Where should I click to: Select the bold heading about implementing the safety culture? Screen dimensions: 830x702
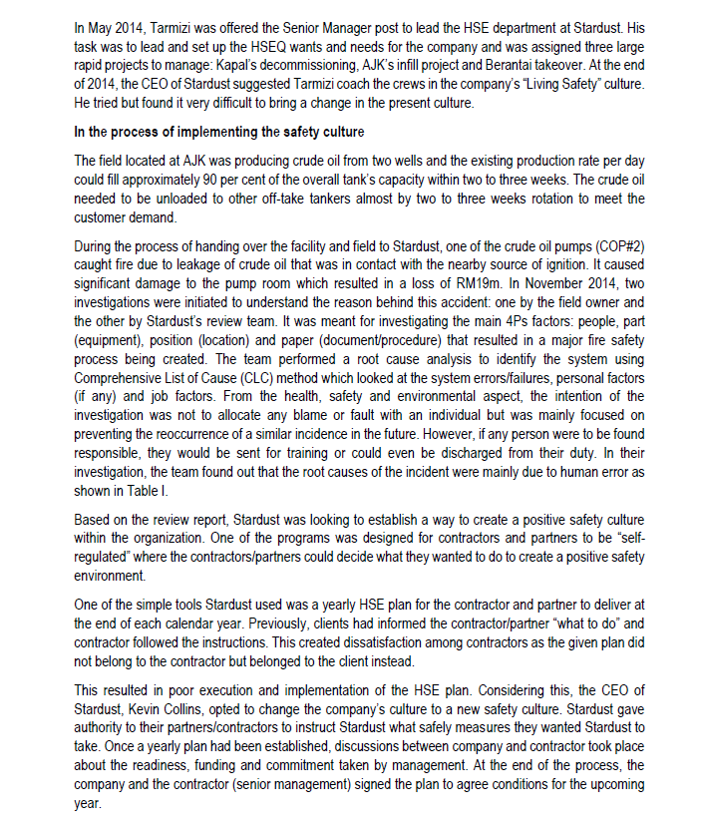coord(219,132)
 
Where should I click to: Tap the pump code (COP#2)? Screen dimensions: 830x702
coord(618,245)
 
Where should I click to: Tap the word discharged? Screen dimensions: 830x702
coord(466,453)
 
